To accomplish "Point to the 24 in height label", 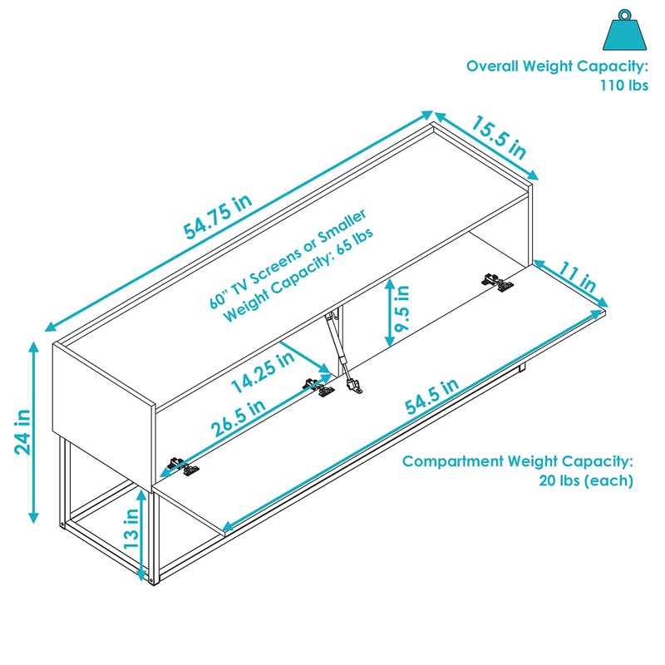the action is [x=22, y=432].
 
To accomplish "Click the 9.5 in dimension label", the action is [x=402, y=308].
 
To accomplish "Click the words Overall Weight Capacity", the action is [x=557, y=66].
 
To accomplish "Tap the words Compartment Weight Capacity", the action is [x=518, y=462].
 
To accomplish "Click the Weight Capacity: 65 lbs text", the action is [x=299, y=273].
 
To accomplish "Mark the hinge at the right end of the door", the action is [x=500, y=283].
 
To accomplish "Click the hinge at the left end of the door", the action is [x=184, y=467].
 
